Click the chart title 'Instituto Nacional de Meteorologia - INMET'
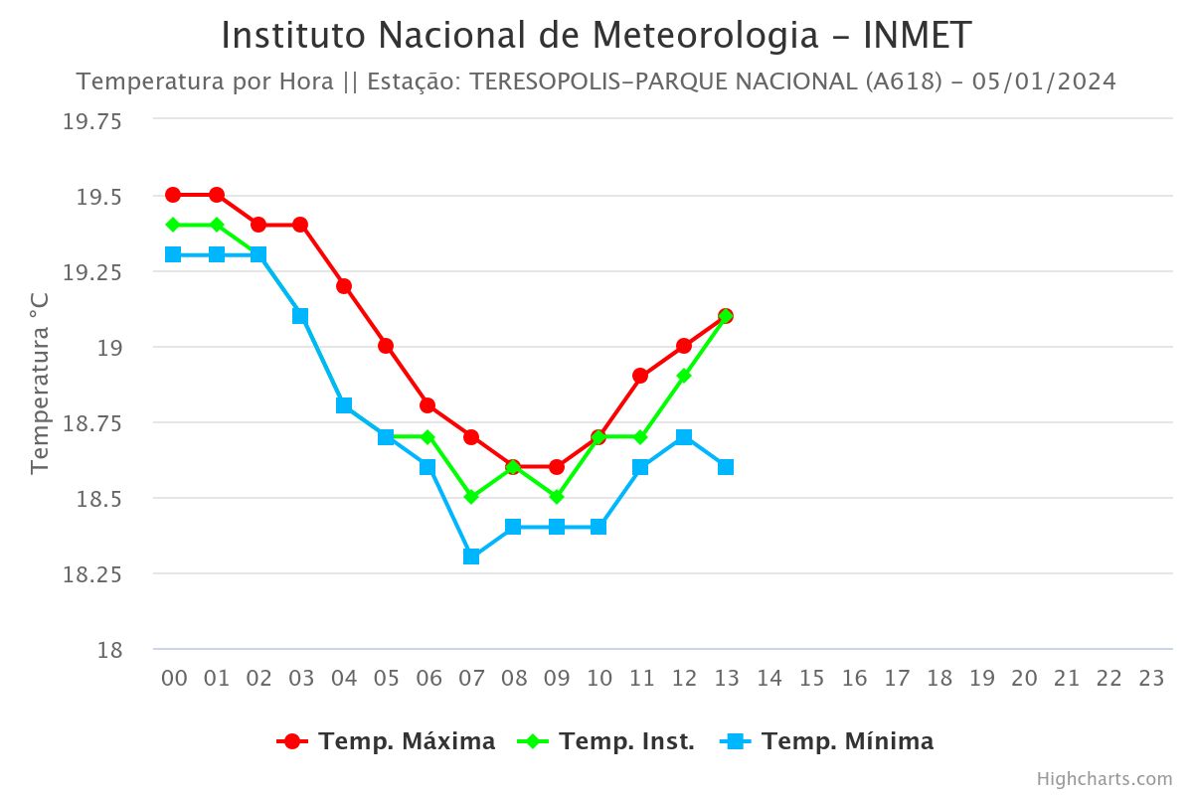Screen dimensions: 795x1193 tap(596, 36)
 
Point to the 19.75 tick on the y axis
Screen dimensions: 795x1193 tap(92, 122)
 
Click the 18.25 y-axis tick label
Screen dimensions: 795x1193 tap(92, 574)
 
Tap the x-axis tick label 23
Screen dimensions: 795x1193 tap(1151, 679)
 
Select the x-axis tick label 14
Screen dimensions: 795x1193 tap(769, 679)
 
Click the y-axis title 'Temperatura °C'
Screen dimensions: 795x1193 tap(40, 383)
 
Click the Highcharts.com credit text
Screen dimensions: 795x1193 tap(1104, 778)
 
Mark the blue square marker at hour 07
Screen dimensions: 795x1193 tap(471, 556)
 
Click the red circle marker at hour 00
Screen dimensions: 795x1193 tap(173, 195)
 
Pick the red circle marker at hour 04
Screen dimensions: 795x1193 tap(344, 286)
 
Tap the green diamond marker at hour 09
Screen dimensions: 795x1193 tap(557, 496)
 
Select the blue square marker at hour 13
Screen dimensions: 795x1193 tap(726, 467)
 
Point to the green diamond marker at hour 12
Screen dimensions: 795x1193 tap(684, 376)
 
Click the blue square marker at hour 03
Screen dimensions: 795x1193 tap(300, 316)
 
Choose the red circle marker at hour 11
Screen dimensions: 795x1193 tap(640, 376)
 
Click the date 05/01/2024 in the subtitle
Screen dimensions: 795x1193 tap(1044, 81)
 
